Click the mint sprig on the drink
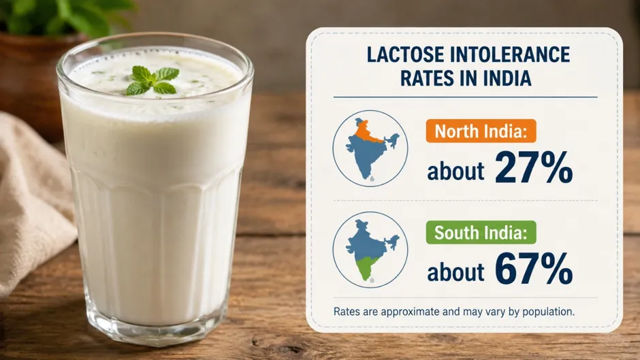tap(153, 80)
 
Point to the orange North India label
tap(481, 131)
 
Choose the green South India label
tap(481, 233)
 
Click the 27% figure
tap(534, 167)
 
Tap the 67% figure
tap(534, 269)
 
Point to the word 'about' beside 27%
tap(455, 171)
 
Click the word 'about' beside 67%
tap(455, 272)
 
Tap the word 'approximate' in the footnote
tap(409, 312)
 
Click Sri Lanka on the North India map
tap(372, 178)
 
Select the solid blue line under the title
tap(465, 97)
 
